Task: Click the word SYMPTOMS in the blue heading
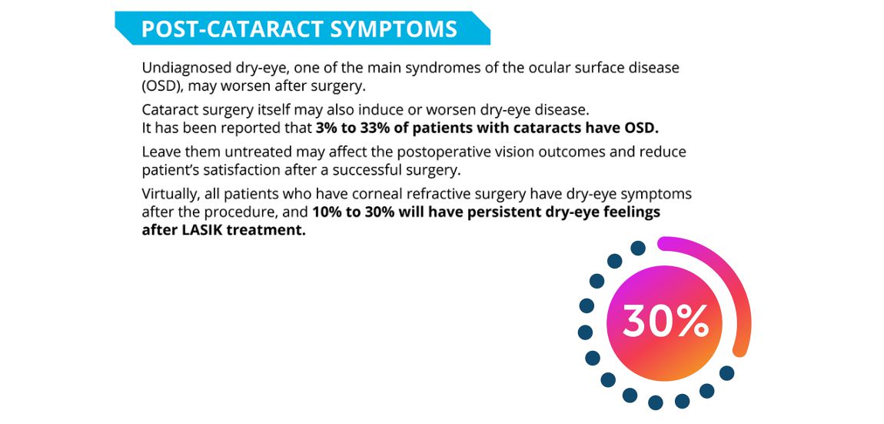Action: tap(393, 28)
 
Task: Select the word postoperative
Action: tap(434, 153)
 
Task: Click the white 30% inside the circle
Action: tap(665, 322)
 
